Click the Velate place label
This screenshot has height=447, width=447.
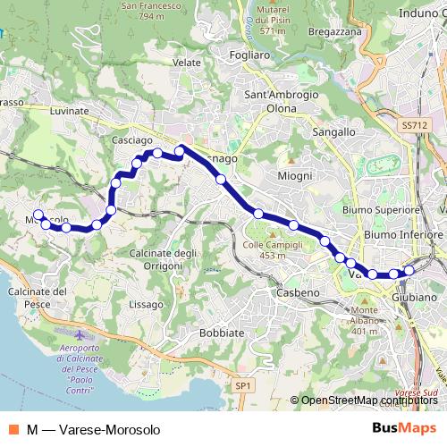pyautogui.click(x=187, y=63)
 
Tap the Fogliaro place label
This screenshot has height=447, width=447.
pyautogui.click(x=249, y=55)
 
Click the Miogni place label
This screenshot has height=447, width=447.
pyautogui.click(x=296, y=176)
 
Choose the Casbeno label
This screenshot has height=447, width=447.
pyautogui.click(x=296, y=292)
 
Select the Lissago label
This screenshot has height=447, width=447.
pyautogui.click(x=147, y=305)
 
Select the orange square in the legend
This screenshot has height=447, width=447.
pyautogui.click(x=13, y=429)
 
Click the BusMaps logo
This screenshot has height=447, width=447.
pyautogui.click(x=403, y=428)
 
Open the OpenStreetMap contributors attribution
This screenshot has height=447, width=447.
pyautogui.click(x=369, y=401)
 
